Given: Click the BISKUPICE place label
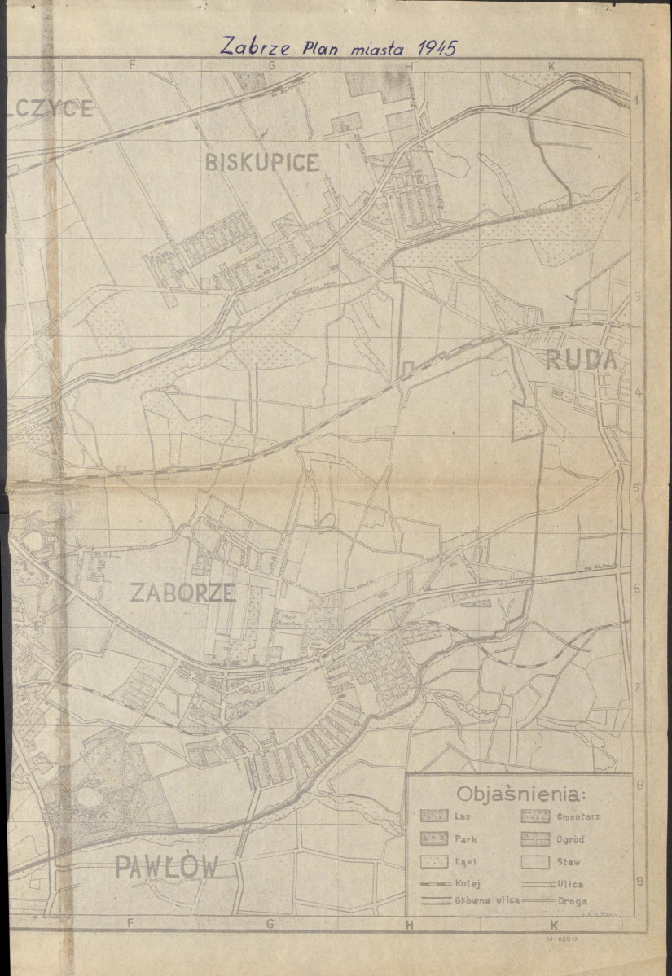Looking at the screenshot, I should (261, 163).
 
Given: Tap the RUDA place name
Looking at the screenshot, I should (580, 360).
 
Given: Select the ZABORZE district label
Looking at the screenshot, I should (182, 593).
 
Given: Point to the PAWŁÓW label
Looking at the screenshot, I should (166, 868).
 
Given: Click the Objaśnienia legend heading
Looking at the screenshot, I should (525, 794).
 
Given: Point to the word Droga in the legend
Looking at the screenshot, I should (573, 902).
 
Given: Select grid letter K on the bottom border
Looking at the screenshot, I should (553, 925).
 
